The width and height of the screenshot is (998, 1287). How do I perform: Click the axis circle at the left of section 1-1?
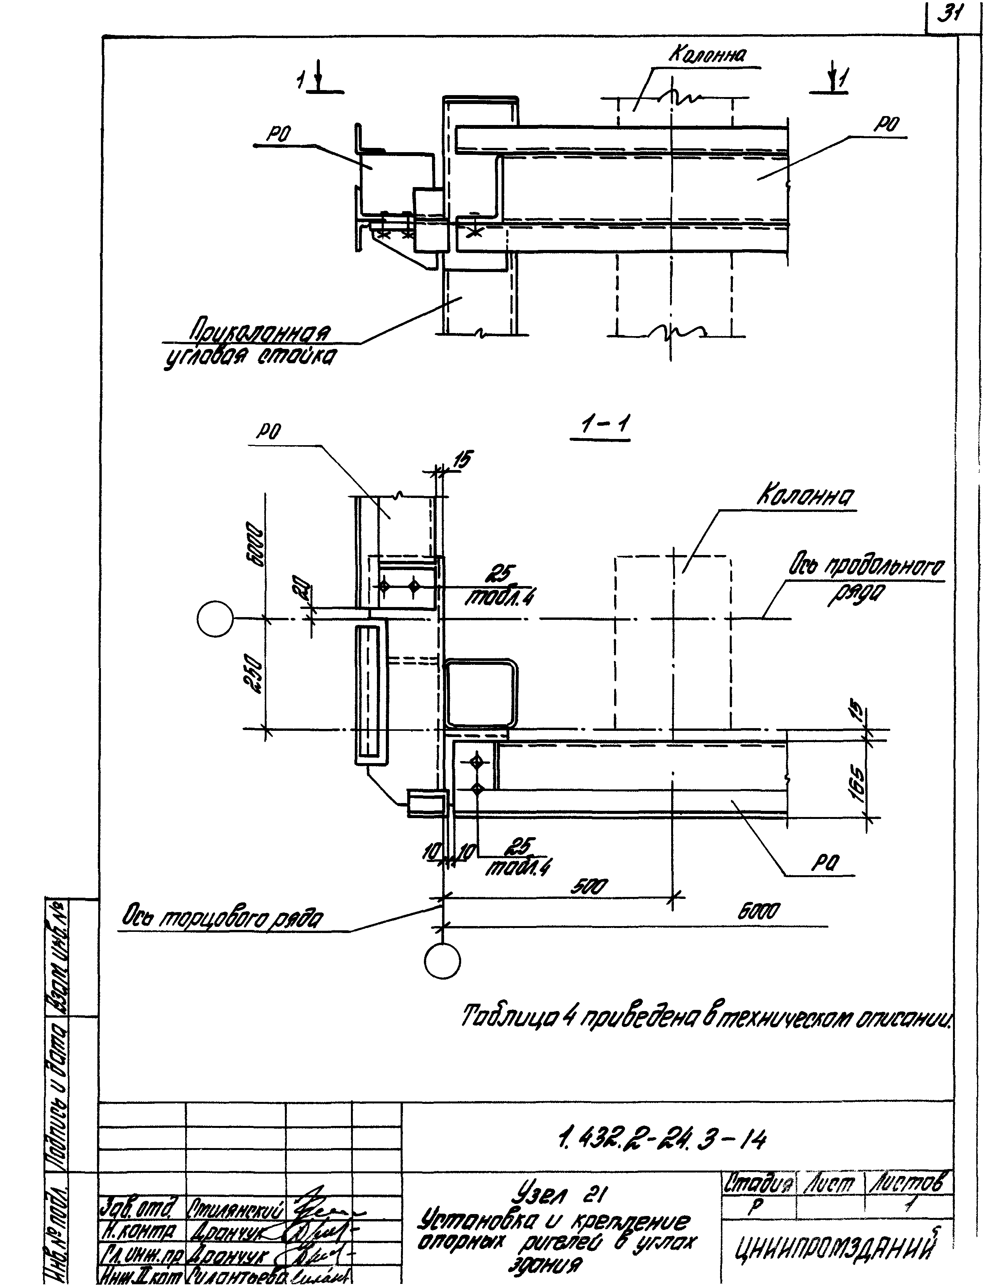[216, 618]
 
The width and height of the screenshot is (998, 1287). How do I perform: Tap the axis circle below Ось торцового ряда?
[442, 961]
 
